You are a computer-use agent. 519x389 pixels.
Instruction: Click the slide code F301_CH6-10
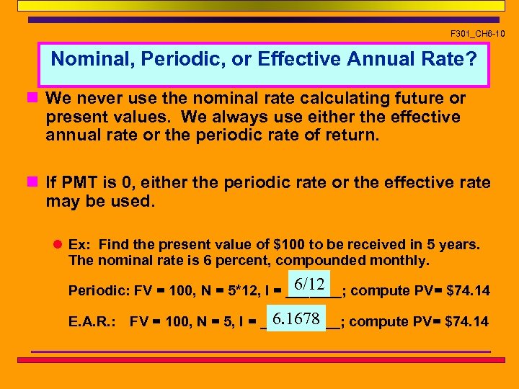tap(478, 33)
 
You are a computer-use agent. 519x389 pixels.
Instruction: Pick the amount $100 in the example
tap(288, 244)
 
